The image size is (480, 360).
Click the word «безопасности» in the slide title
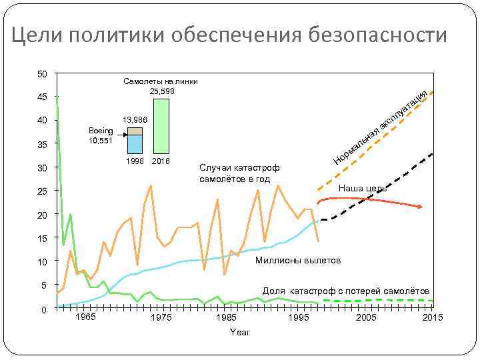378,35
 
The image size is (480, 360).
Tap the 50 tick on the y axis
41,73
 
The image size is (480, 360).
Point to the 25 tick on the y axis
41,192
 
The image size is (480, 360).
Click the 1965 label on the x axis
85,317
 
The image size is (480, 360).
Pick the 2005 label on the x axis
365,318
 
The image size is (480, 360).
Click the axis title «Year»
239,332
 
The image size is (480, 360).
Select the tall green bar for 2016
161,126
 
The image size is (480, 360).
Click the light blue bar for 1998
135,143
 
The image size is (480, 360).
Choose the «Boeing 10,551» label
101,136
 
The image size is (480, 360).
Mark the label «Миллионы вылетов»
298,259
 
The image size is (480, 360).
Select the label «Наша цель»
362,189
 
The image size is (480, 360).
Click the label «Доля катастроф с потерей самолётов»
346,291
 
